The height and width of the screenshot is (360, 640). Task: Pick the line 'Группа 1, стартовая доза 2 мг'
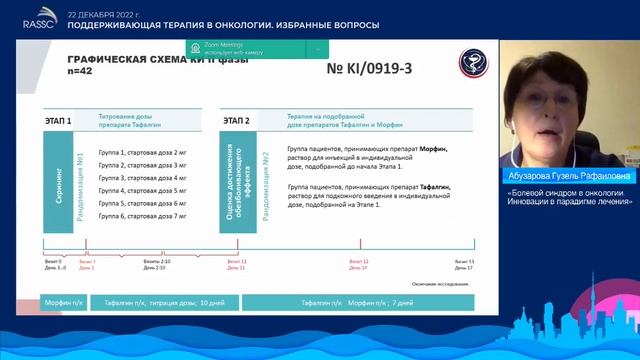click(x=143, y=152)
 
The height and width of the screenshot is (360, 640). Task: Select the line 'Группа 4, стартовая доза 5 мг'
click(x=143, y=190)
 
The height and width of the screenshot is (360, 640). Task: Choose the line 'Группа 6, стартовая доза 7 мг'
click(x=143, y=216)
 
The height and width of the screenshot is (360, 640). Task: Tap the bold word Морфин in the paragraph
click(x=433, y=148)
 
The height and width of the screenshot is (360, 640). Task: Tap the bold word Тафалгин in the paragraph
click(x=432, y=186)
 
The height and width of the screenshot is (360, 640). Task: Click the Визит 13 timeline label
click(x=464, y=262)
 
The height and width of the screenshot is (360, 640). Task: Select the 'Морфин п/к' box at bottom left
click(x=63, y=301)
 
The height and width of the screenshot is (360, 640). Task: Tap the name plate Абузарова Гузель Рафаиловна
click(x=570, y=175)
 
